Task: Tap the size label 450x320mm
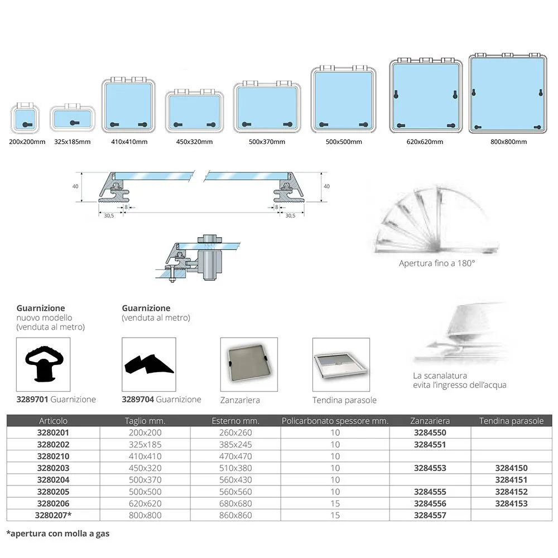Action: coord(194,142)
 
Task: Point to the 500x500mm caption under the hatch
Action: coord(343,142)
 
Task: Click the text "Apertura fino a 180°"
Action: coord(437,262)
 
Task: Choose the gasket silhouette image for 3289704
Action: coord(148,364)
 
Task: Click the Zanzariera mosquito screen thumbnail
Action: coord(248,364)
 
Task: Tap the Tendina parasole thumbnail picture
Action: coord(340,364)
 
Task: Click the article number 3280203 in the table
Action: coord(54,468)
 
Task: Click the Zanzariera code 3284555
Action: coord(430,492)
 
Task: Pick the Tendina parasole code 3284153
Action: coord(511,503)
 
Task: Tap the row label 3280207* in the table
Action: coord(54,515)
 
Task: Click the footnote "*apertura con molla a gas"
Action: coord(58,533)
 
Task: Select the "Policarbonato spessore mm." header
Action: coord(335,421)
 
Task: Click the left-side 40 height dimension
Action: coord(75,187)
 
